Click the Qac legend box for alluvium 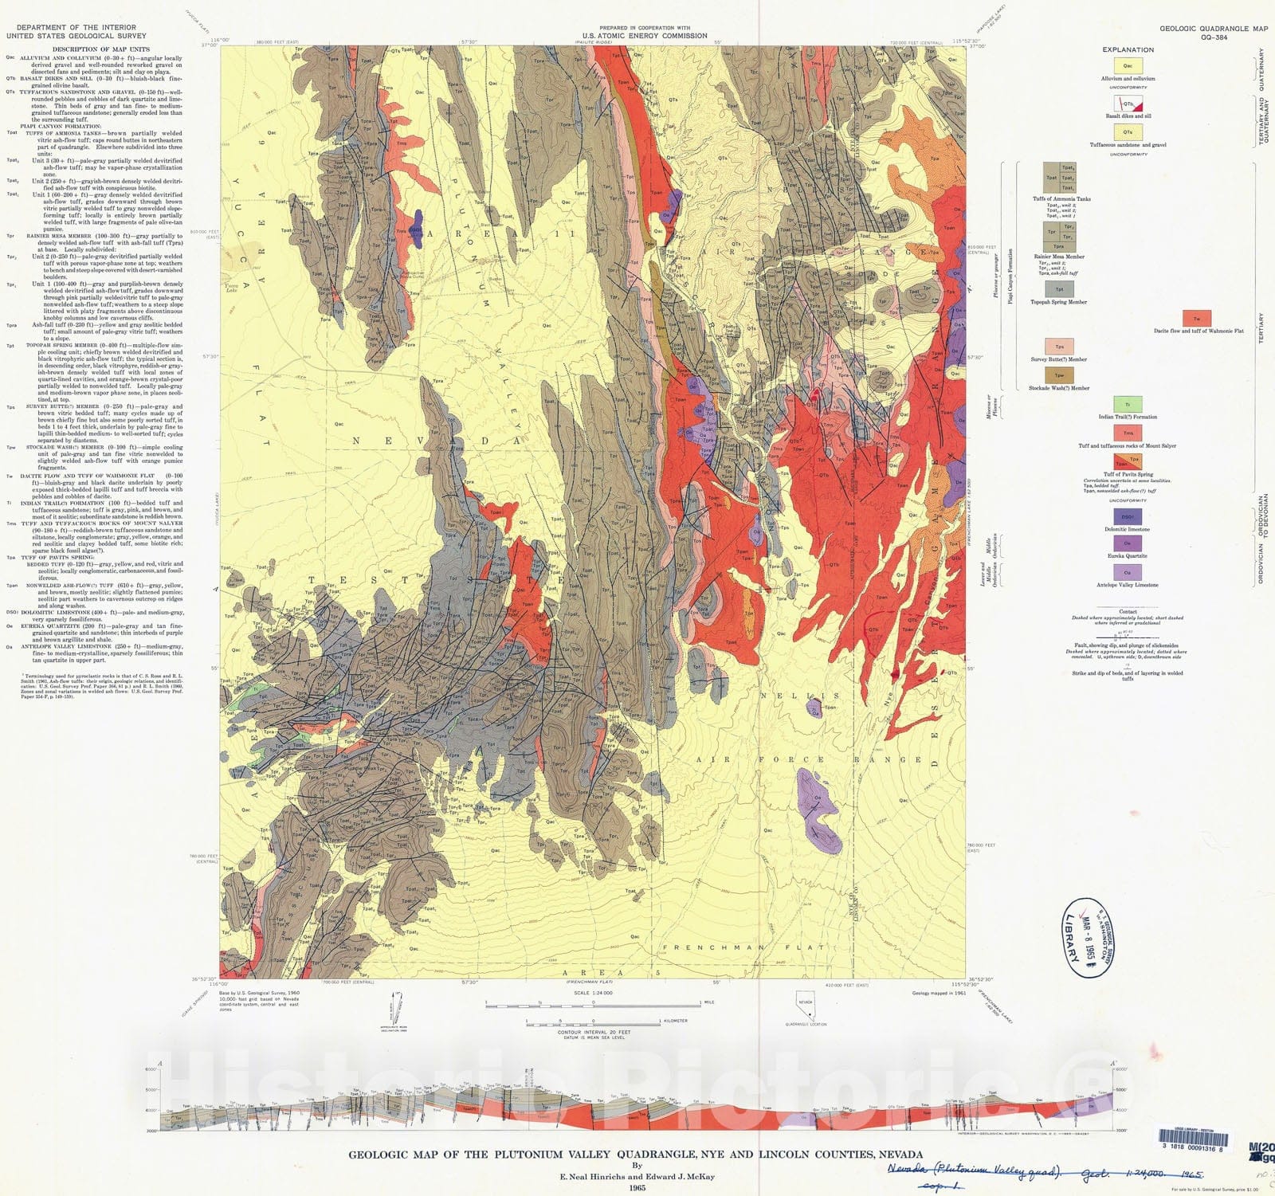pos(1128,66)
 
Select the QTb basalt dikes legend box pos(1128,104)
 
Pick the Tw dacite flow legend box pos(1196,320)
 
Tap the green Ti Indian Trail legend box pos(1128,405)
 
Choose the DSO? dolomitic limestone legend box pos(1128,517)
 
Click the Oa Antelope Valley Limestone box pos(1128,573)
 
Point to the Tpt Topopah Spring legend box pos(1059,289)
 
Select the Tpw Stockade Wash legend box pos(1059,375)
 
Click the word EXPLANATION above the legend pos(1128,49)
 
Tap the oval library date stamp pos(1089,938)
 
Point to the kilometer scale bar pos(594,1022)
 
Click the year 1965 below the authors pos(636,1187)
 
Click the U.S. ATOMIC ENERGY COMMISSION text pos(644,36)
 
